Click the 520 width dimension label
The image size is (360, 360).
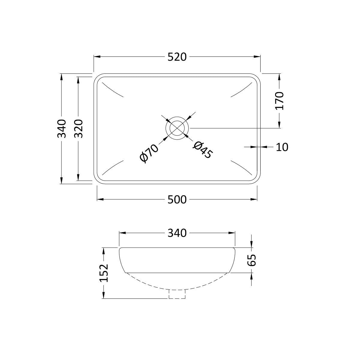click(177, 57)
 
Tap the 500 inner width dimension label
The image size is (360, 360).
click(177, 199)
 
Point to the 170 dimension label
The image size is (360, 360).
click(280, 101)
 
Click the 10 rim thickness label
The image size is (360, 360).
click(282, 147)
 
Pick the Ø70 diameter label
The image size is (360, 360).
click(149, 153)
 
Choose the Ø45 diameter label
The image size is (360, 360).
click(203, 150)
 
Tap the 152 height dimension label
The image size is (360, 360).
click(104, 273)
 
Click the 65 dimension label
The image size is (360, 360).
click(251, 260)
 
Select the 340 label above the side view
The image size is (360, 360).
click(177, 233)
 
